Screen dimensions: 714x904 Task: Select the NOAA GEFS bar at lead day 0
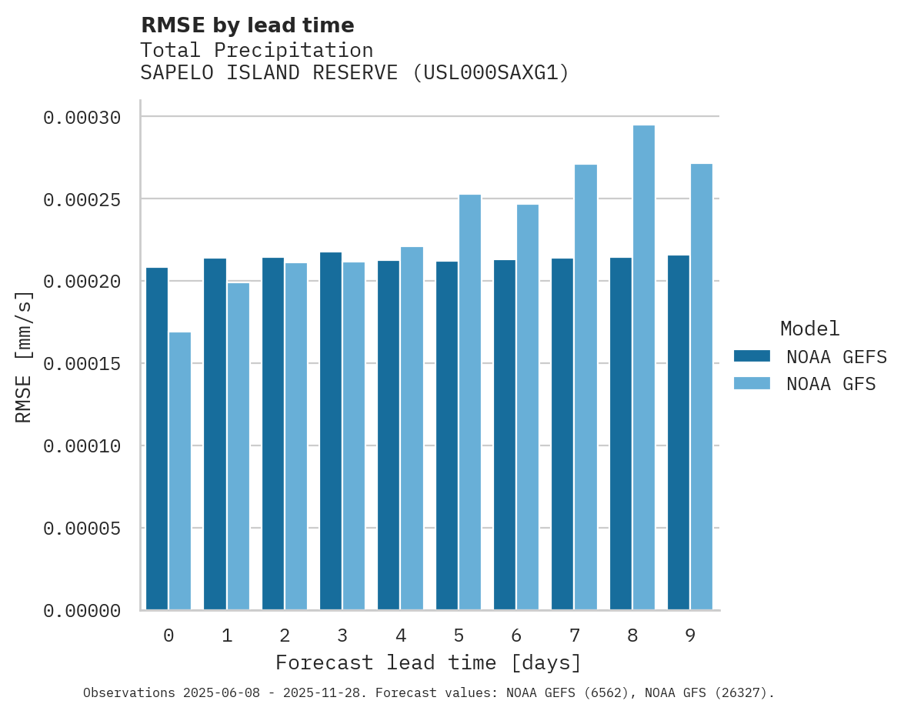157,439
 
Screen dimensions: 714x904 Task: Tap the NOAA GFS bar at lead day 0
180,471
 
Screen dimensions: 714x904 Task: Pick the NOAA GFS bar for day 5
470,402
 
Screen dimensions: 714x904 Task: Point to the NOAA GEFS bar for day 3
331,431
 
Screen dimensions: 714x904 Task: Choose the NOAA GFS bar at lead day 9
702,387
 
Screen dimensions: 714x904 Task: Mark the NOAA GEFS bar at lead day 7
562,434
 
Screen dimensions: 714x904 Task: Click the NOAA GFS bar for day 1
239,446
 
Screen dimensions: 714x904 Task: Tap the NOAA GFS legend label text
831,384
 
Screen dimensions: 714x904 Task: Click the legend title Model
809,329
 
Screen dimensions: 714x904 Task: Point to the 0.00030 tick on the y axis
82,118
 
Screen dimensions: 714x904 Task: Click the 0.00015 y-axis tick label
82,364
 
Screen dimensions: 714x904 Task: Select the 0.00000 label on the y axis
82,611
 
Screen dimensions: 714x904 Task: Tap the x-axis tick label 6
516,636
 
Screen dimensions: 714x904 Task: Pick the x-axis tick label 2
285,636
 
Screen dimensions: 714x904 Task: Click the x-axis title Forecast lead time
429,662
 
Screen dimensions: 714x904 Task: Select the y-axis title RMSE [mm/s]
24,357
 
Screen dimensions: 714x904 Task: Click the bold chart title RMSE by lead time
248,25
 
